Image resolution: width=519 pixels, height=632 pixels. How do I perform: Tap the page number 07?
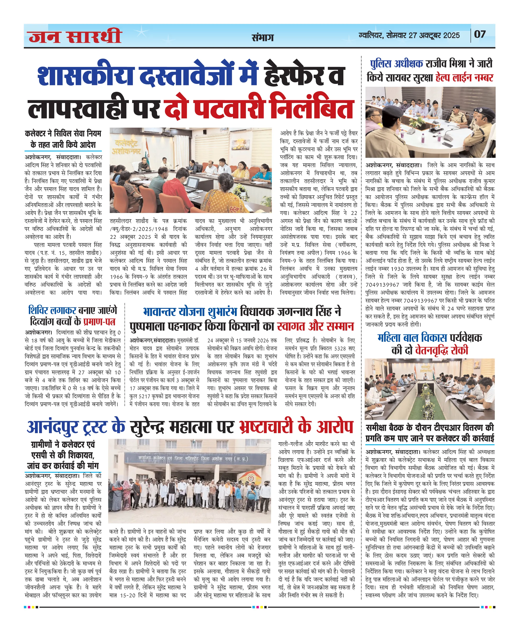[480, 34]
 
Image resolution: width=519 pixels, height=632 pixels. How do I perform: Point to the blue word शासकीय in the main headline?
[86, 75]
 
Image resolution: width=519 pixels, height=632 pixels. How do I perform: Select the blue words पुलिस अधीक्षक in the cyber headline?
[396, 64]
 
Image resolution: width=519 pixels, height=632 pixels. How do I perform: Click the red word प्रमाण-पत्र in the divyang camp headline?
[99, 321]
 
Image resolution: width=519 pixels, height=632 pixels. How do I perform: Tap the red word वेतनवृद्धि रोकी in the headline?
[441, 350]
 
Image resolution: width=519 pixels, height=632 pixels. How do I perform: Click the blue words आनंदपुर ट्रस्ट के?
[76, 427]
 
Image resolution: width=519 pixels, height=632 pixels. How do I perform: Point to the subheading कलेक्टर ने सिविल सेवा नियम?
[63, 133]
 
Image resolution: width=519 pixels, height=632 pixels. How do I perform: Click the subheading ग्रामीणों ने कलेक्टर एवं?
[63, 444]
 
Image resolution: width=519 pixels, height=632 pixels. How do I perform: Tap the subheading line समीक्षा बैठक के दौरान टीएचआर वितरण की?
[430, 428]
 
